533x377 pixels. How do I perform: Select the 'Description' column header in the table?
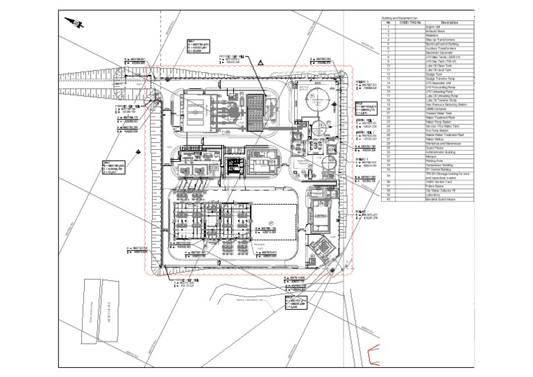click(449, 23)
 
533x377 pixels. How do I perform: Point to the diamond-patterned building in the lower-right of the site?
click(322, 247)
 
